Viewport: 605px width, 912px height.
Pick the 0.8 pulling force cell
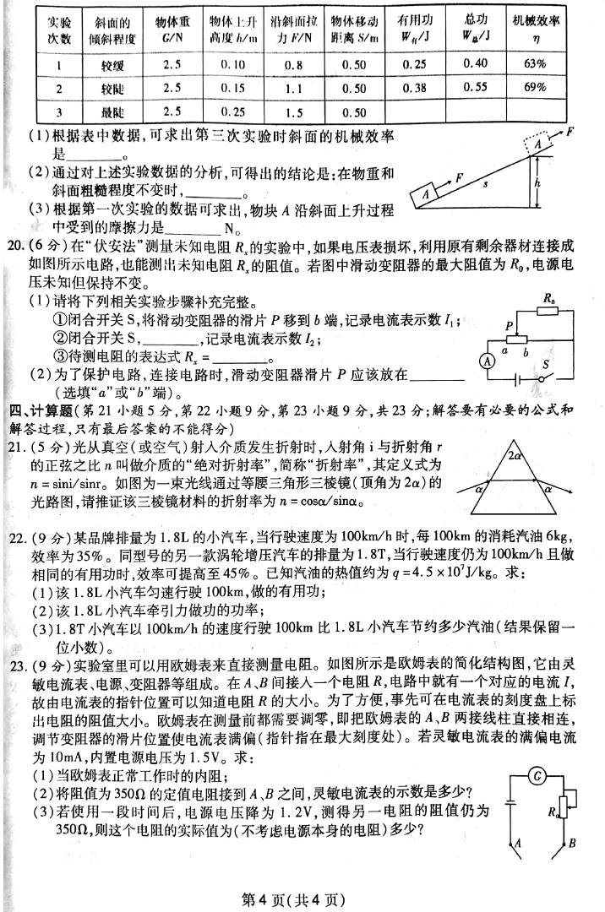(x=293, y=64)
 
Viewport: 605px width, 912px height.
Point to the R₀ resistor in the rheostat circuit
(x=551, y=311)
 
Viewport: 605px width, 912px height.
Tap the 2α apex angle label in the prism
(x=515, y=458)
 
